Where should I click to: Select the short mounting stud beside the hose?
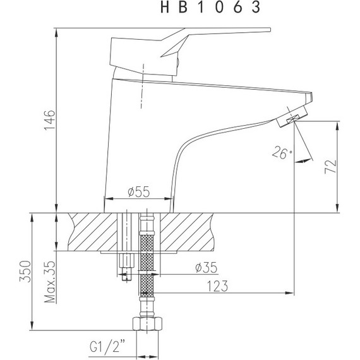click(x=126, y=265)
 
